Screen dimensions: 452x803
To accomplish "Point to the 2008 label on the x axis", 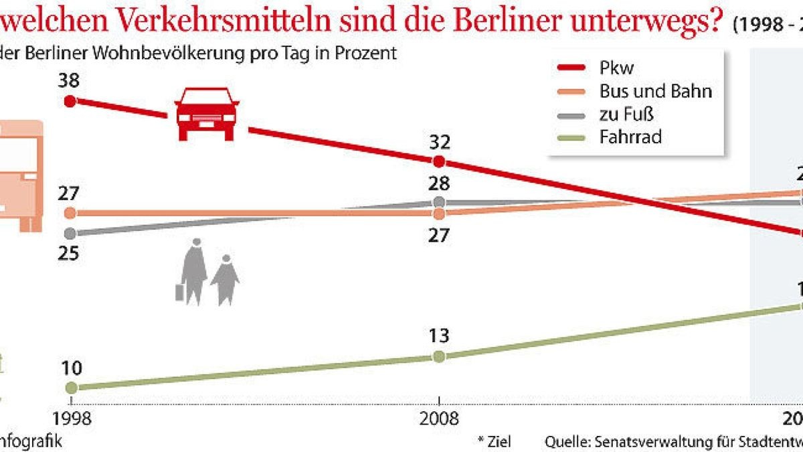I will (x=439, y=419).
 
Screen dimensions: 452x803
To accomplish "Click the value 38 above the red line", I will (x=69, y=81).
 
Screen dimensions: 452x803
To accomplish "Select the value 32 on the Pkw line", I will (x=439, y=142).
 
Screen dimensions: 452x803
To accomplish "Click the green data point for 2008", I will (x=439, y=356).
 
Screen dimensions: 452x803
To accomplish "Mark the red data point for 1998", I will (x=70, y=101).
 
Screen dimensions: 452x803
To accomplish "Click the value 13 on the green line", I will (x=439, y=335).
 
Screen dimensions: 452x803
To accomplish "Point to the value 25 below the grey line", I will (x=69, y=254).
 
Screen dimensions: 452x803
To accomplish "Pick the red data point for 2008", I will (x=439, y=162).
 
